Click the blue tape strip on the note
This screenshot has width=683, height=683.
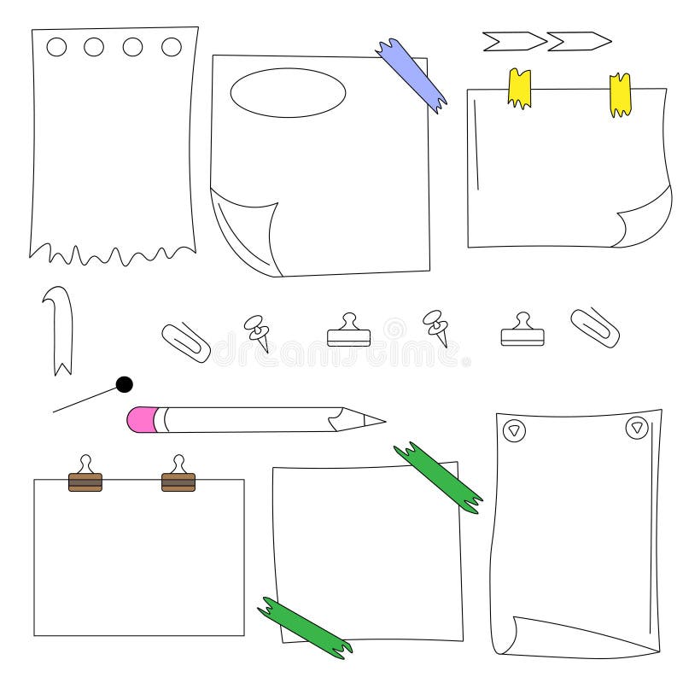click(412, 75)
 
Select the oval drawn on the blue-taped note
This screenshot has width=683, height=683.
click(288, 92)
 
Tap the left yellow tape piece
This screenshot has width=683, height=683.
click(519, 88)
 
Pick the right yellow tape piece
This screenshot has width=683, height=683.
click(621, 94)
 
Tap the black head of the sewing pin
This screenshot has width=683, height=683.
click(125, 384)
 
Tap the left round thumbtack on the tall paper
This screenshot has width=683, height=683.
click(513, 431)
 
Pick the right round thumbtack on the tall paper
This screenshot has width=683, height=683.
click(637, 428)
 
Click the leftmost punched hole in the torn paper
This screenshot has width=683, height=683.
click(56, 47)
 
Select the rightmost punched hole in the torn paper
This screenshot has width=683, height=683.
click(172, 46)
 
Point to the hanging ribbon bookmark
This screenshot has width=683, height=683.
click(59, 329)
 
